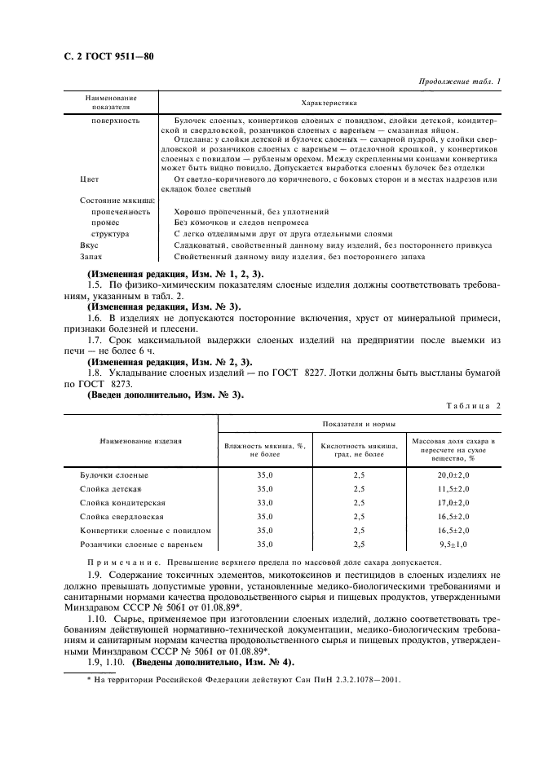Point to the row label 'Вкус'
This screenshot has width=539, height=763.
tap(89, 245)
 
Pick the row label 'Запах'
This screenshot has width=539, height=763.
tap(91, 258)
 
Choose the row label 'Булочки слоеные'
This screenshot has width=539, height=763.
tap(113, 474)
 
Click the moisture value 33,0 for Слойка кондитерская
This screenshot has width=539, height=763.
tap(265, 502)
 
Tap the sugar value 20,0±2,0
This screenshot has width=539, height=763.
tap(453, 474)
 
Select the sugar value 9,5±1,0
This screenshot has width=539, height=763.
tap(455, 544)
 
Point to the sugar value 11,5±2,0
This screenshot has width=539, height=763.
tap(453, 488)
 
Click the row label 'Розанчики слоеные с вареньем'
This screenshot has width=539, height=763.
tap(139, 544)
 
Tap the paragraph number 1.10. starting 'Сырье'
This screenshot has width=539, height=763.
tap(99, 620)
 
